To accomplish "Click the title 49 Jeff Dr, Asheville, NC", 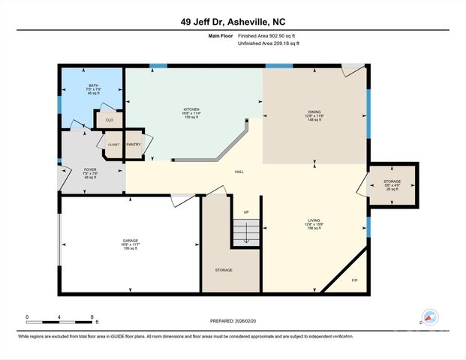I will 233,22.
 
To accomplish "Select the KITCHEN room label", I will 192,109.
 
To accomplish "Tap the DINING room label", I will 314,112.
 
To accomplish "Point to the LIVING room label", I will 314,220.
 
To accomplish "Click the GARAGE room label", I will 130,242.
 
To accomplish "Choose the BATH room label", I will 93,85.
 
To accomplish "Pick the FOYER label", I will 89,170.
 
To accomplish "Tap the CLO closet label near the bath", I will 108,119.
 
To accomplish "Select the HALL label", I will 239,172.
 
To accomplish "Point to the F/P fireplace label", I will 354,280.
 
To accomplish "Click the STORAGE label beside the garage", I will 223,269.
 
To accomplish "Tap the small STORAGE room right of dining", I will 392,182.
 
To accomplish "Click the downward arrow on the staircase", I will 245,234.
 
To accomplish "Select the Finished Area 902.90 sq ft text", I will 268,36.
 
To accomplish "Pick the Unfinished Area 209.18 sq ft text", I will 268,43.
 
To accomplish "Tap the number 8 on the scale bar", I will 92,317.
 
